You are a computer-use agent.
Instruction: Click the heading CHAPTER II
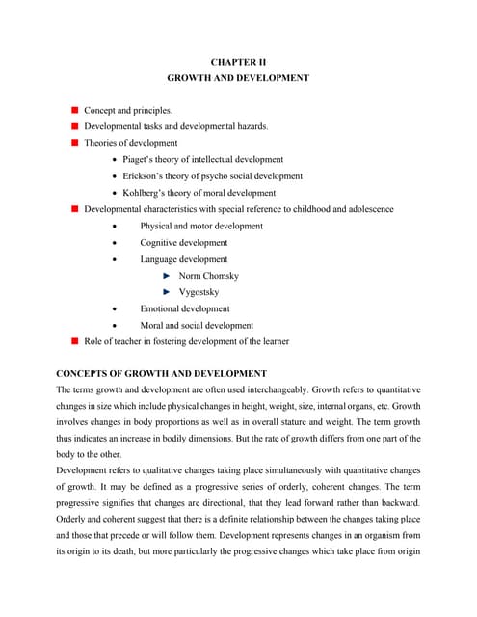coord(238,61)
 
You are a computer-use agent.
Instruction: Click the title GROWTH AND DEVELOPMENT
coord(238,78)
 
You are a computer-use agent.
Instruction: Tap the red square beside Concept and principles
coord(74,111)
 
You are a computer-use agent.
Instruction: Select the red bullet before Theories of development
coord(74,143)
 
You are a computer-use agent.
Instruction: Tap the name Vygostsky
coord(199,291)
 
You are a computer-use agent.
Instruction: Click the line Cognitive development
coord(184,243)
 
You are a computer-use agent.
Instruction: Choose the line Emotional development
coord(185,308)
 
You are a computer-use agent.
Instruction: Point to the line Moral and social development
coord(197,325)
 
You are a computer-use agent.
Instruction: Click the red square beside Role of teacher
coord(74,341)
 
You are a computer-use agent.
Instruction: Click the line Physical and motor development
coord(201,226)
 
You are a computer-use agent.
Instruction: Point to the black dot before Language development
coord(116,259)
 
